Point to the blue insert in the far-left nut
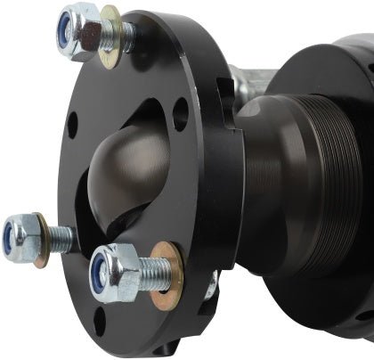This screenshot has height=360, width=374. (10, 238)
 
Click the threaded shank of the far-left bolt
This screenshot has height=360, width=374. (60, 236)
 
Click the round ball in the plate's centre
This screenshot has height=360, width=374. (134, 169)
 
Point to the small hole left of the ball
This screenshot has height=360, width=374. (70, 126)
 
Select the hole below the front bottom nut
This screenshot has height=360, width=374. (99, 322)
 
